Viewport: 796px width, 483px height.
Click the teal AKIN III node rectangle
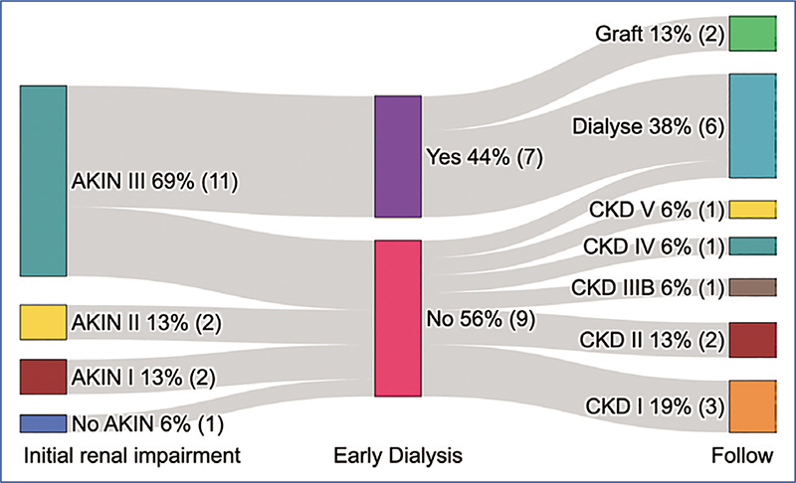(43, 181)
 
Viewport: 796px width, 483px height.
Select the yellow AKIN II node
(43, 322)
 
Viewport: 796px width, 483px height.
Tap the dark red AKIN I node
(43, 377)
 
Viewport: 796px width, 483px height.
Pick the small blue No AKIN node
(43, 423)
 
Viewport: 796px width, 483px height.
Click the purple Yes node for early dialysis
(398, 156)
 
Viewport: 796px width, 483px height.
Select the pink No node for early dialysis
(398, 318)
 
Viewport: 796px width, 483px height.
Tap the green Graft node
(752, 33)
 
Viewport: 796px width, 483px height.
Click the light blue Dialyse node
(752, 125)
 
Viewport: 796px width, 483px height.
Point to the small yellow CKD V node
(752, 209)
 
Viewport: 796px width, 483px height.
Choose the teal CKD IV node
(752, 245)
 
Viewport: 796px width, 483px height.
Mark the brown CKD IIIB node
(752, 287)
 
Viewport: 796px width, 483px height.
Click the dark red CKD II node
(752, 340)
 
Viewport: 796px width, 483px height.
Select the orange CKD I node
(752, 405)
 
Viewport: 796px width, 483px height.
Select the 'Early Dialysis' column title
(398, 456)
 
